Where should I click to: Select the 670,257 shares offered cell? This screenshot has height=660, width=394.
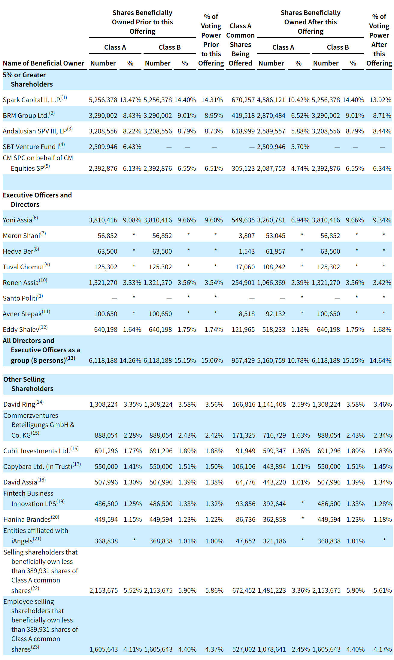[x=243, y=100]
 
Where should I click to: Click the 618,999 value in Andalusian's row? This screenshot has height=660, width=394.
[x=243, y=131]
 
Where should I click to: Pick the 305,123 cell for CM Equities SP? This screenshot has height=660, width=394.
[x=243, y=168]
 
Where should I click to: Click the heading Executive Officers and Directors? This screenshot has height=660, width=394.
[x=37, y=200]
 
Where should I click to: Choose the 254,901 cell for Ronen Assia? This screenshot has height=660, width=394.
[x=243, y=283]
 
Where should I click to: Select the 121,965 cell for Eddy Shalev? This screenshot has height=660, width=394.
[x=243, y=329]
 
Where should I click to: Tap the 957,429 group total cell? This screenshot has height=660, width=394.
[x=243, y=360]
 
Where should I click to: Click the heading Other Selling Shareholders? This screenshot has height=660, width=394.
[x=28, y=384]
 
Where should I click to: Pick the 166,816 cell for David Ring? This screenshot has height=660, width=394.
[x=244, y=404]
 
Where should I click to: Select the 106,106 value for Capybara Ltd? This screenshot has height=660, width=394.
[x=244, y=466]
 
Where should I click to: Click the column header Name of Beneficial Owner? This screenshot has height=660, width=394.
[x=44, y=63]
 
